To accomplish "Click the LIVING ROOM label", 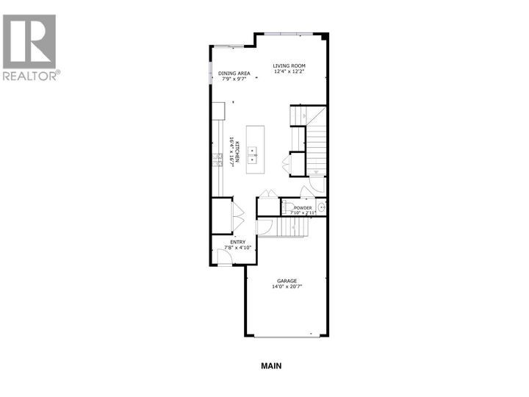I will pos(289,66).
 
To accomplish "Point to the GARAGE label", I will pos(287,280).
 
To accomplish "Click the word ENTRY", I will pos(237,242).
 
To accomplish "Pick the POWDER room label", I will pos(303,208).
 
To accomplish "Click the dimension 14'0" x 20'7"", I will pos(287,287).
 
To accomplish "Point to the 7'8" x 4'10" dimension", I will pos(237,248).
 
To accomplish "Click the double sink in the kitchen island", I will pos(253,154).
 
